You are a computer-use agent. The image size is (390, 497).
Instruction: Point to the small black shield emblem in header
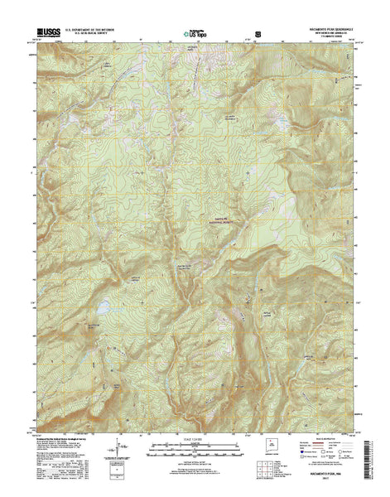[x=258, y=36]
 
